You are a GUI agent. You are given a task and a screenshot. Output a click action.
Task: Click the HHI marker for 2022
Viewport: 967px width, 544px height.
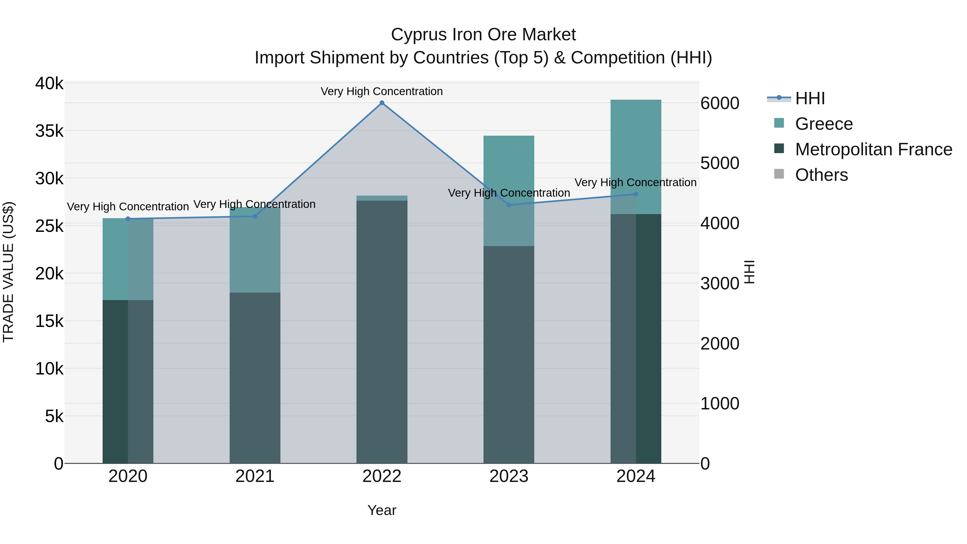(x=382, y=103)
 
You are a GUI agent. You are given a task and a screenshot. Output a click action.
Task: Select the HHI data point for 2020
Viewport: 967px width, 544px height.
(x=128, y=219)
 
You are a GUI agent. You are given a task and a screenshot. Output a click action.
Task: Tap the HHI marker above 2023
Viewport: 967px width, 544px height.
(x=509, y=205)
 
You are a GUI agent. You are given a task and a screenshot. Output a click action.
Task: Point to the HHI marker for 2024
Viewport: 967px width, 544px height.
(x=636, y=194)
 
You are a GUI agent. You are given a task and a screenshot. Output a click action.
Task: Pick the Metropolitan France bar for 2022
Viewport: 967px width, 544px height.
(x=382, y=330)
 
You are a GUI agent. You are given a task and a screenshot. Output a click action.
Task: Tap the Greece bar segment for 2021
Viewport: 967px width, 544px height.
(x=255, y=255)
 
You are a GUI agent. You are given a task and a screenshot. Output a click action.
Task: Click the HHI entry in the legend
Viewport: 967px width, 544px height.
(x=810, y=98)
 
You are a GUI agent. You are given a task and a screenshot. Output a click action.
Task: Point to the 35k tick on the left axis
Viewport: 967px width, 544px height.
(x=49, y=131)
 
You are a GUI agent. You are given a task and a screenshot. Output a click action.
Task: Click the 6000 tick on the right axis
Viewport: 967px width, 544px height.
(x=720, y=103)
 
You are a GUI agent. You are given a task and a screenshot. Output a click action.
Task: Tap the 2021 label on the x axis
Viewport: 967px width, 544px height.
(x=255, y=476)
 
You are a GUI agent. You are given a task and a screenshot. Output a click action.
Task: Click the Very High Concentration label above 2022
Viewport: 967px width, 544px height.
(x=382, y=91)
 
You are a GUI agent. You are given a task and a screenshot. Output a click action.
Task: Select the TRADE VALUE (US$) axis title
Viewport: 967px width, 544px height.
(x=8, y=272)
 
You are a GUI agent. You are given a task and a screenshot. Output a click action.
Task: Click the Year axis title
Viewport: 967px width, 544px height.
(x=382, y=510)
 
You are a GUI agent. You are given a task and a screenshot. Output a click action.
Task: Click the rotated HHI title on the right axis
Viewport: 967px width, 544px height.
(x=749, y=272)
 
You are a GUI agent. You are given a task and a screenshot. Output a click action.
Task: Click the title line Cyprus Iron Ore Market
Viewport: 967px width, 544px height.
(x=483, y=35)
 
